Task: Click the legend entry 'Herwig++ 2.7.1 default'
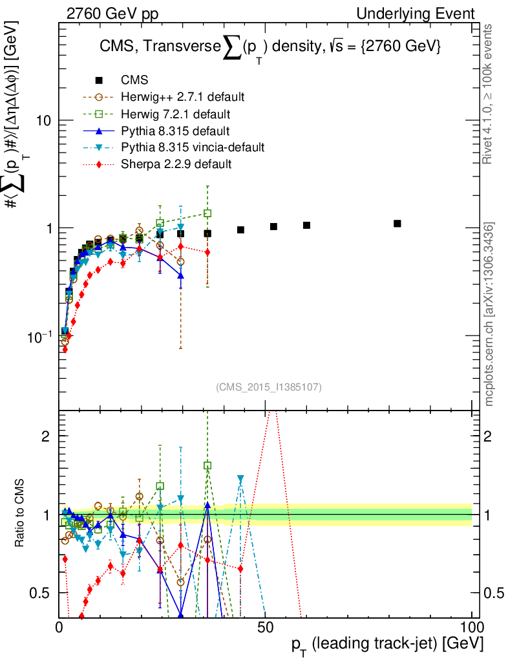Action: click(x=183, y=98)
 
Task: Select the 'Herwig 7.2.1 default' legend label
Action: click(x=176, y=114)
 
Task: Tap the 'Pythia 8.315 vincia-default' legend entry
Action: click(x=193, y=147)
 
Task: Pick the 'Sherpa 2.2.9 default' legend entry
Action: click(x=176, y=164)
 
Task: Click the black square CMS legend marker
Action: click(x=99, y=81)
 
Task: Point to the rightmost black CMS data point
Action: click(x=397, y=224)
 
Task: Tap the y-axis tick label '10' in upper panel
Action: click(x=44, y=121)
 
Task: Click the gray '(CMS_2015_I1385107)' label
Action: click(x=269, y=387)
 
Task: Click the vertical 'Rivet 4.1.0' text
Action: click(x=489, y=94)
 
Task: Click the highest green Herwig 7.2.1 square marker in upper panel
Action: click(x=207, y=213)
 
